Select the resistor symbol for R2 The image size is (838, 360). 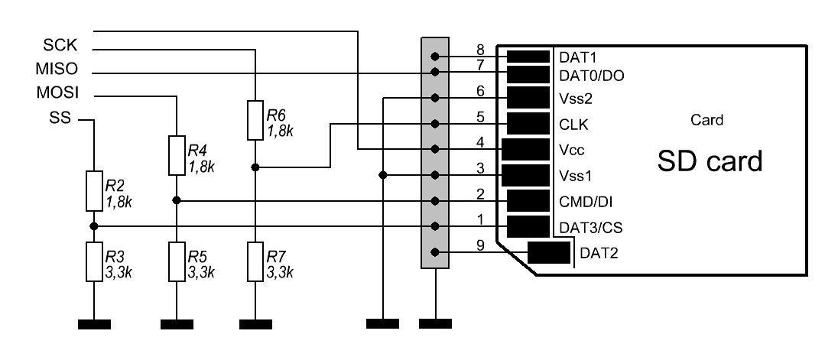click(93, 191)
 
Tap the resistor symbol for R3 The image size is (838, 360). click(93, 261)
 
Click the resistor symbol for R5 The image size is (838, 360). click(176, 261)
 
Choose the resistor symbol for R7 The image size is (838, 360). click(255, 261)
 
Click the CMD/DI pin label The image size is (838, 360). click(586, 203)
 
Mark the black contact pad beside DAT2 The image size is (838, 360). click(550, 253)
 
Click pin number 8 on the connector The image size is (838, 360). click(479, 50)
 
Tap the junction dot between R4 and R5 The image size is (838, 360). click(176, 201)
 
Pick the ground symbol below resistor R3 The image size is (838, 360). click(93, 324)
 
